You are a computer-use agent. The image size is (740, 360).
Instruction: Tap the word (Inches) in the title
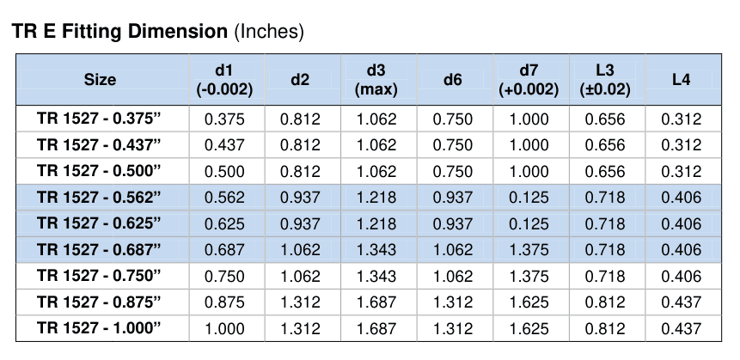[268, 32]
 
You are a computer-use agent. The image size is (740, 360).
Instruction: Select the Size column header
[100, 80]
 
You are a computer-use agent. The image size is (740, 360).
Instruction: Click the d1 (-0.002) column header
[224, 80]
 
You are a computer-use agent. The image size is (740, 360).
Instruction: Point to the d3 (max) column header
[376, 80]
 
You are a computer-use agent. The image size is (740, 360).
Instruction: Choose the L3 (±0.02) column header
[605, 80]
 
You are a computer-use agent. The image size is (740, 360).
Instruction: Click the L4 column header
[681, 80]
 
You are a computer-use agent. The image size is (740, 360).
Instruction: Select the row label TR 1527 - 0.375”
[99, 119]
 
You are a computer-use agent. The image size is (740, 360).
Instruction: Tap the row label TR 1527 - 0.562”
[99, 197]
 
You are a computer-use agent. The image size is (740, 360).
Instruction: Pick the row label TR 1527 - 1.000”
[99, 328]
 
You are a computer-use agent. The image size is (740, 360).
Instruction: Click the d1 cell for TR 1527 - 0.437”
[224, 145]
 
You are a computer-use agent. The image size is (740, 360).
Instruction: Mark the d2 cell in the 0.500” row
[300, 171]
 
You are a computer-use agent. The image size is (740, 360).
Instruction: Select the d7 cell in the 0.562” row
[529, 198]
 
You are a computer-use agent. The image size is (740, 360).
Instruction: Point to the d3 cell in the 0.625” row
[376, 223]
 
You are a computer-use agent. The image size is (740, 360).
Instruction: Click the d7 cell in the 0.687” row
[529, 249]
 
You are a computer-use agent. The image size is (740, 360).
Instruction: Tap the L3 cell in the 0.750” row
[605, 276]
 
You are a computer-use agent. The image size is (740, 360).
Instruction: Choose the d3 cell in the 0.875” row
[376, 302]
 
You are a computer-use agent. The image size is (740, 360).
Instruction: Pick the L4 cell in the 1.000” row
[681, 328]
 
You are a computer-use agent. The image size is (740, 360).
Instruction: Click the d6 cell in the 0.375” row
[453, 119]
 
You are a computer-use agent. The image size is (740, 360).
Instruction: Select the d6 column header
[453, 80]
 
